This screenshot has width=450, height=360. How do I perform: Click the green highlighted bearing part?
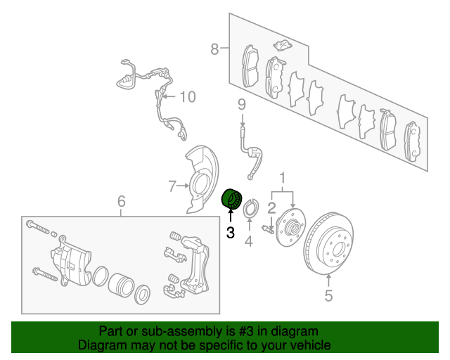click(232, 200)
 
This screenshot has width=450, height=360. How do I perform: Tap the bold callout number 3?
click(231, 233)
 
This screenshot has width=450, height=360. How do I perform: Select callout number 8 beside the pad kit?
click(214, 49)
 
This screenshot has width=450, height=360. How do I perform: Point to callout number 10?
click(188, 97)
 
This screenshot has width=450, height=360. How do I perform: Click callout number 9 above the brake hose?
click(242, 105)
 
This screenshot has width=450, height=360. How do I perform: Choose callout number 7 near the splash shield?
click(172, 186)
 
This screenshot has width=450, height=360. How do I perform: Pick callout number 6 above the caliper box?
click(122, 201)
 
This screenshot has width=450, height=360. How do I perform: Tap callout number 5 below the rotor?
click(328, 295)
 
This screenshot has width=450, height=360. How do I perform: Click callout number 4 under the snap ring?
click(249, 241)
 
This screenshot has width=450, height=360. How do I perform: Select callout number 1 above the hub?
click(283, 178)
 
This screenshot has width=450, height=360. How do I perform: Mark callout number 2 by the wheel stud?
click(271, 208)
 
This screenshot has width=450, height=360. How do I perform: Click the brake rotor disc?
click(328, 243)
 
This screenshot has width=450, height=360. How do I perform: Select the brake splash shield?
click(201, 179)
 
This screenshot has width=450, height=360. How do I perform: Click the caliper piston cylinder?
click(121, 285)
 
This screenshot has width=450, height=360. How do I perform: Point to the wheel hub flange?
click(290, 227)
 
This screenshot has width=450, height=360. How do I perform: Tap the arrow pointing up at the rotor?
click(328, 281)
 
